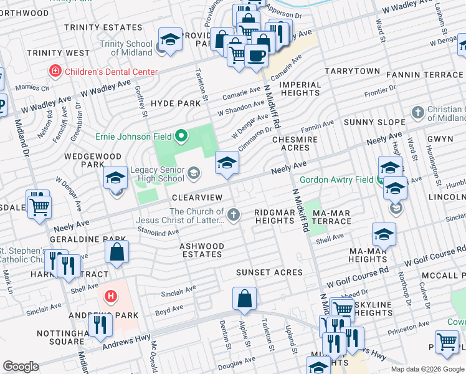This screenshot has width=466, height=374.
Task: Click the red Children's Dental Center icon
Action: click(55, 72)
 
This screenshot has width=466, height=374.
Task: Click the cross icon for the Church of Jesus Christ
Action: click(234, 216)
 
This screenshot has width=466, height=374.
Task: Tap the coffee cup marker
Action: click(256, 57)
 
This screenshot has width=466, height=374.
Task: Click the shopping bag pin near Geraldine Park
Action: click(117, 252)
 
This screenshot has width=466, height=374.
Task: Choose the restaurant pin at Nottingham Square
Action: click(100, 325)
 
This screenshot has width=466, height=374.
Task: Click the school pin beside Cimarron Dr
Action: click(227, 163)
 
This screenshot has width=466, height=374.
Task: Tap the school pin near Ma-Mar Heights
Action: click(384, 235)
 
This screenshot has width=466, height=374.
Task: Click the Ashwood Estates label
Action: click(201, 250)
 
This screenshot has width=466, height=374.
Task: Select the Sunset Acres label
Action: click(269, 273)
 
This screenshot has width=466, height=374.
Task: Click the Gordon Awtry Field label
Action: click(337, 180)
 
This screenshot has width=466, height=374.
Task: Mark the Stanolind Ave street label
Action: click(159, 233)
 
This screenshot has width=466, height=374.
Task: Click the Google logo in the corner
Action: click(21, 367)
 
